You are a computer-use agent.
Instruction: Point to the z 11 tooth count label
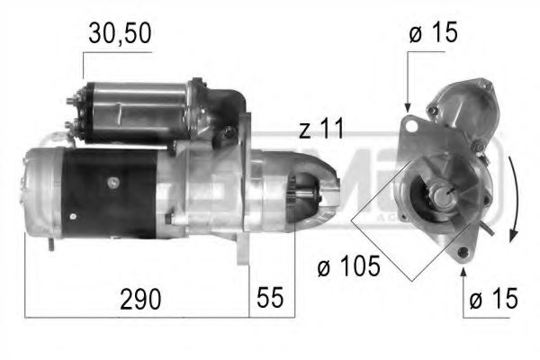click(321, 130)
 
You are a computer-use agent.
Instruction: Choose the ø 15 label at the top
click(432, 35)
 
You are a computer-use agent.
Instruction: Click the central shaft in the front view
click(445, 192)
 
